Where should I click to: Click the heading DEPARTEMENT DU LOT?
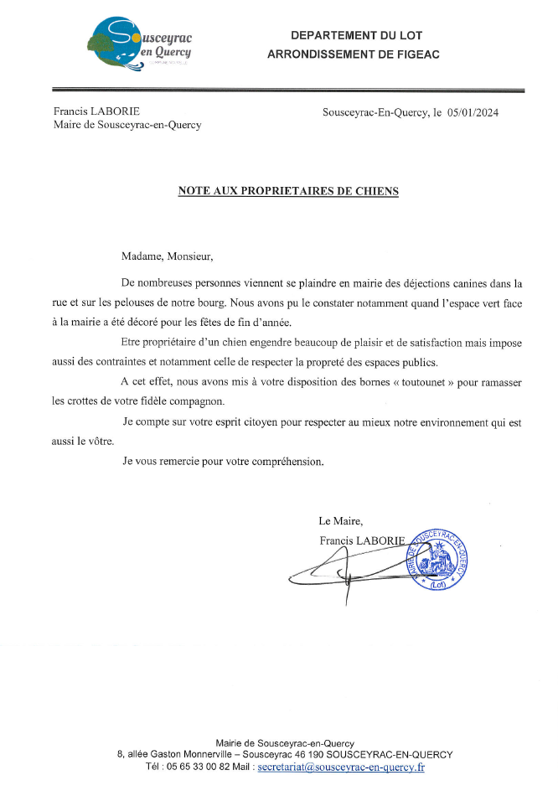pyautogui.click(x=356, y=35)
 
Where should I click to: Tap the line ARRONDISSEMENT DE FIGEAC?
pyautogui.click(x=353, y=54)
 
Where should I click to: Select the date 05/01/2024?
pyautogui.click(x=473, y=112)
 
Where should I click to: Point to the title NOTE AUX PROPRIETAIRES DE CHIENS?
pyautogui.click(x=288, y=191)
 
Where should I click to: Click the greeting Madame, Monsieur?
pyautogui.click(x=168, y=256)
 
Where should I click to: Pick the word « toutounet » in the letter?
pyautogui.click(x=417, y=382)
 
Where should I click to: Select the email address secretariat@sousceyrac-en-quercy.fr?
pyautogui.click(x=341, y=767)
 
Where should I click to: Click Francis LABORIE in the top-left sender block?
pyautogui.click(x=85, y=111)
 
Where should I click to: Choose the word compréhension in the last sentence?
pyautogui.click(x=280, y=461)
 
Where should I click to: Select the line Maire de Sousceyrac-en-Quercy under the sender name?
pyautogui.click(x=127, y=126)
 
